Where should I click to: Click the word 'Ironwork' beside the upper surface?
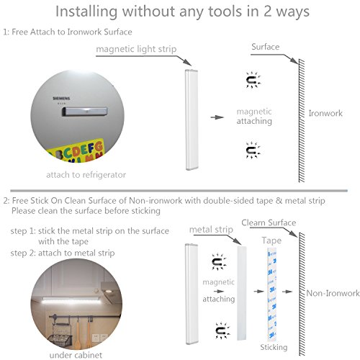(x=325, y=113)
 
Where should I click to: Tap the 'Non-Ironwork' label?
(x=333, y=293)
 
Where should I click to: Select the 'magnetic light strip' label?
(x=136, y=49)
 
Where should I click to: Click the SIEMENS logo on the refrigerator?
(x=61, y=99)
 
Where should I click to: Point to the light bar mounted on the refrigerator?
(x=84, y=112)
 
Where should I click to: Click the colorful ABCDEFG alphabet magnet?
(x=77, y=150)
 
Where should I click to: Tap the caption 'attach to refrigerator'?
(x=86, y=175)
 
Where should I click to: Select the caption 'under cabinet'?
(x=76, y=355)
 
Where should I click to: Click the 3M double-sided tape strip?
(x=272, y=294)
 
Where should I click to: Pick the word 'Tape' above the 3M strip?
(x=271, y=240)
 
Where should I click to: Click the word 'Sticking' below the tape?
(x=274, y=347)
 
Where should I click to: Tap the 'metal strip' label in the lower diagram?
(x=211, y=230)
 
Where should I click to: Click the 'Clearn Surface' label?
(x=269, y=222)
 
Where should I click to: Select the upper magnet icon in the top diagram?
(x=253, y=80)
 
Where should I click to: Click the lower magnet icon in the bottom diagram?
(x=222, y=330)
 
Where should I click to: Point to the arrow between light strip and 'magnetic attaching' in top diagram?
(x=217, y=117)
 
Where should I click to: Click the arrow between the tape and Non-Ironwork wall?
(x=287, y=292)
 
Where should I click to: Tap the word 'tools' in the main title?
(x=225, y=12)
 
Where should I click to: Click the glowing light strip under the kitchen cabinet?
(x=72, y=300)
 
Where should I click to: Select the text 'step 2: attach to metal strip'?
(x=63, y=253)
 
